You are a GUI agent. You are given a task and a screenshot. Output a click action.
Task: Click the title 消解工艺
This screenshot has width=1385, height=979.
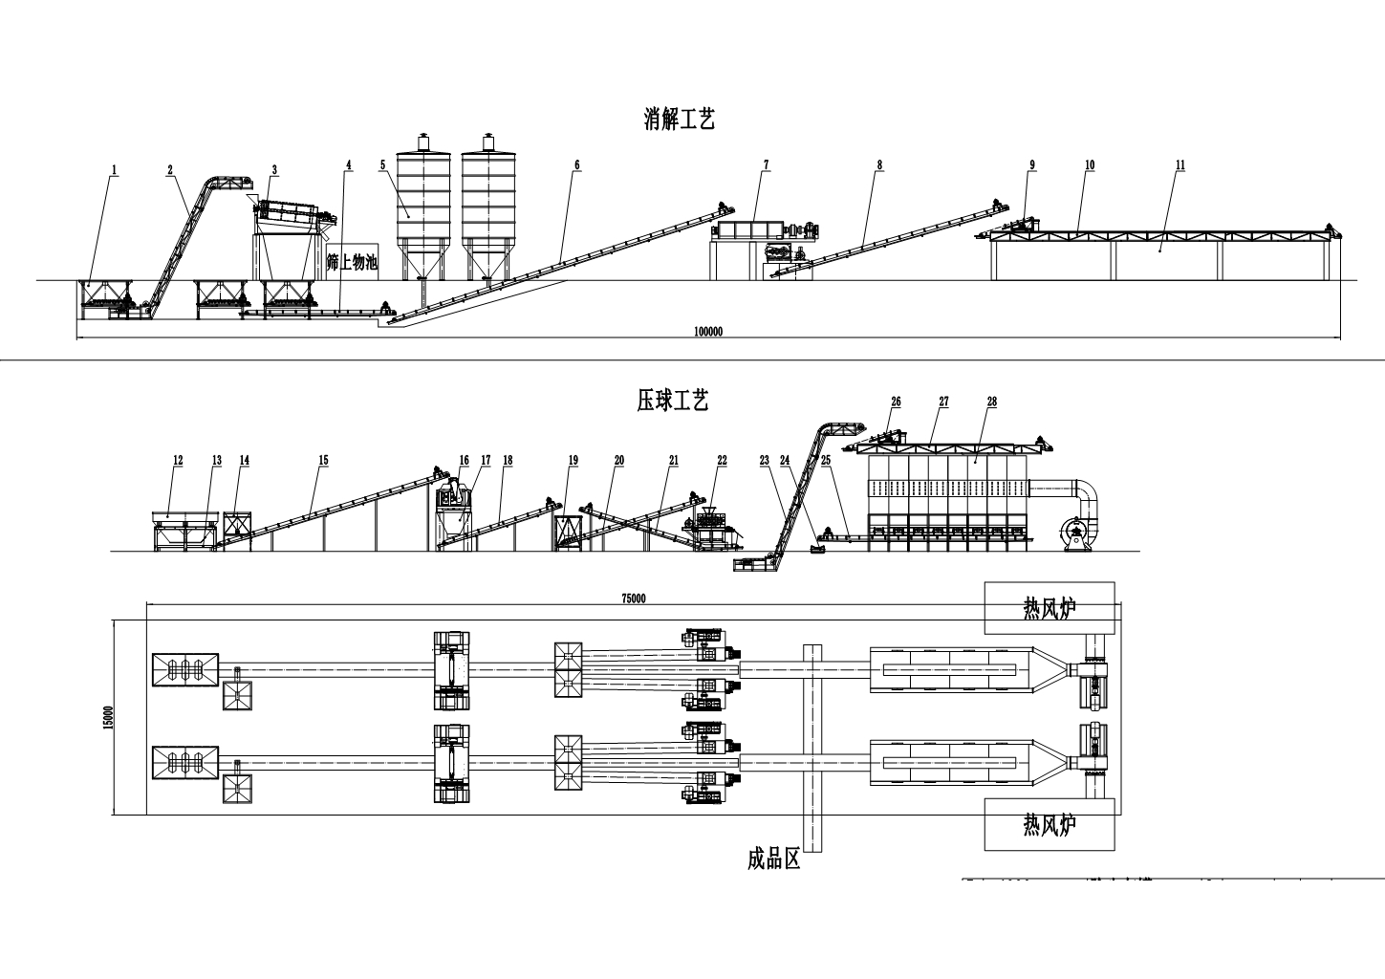point(680,120)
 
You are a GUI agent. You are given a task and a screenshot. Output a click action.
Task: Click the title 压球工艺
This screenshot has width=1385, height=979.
point(673,401)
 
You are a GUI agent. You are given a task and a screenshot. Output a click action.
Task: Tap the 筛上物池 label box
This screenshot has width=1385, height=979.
point(352,261)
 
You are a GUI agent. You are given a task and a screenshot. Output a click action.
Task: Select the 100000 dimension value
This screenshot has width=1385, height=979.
point(707,332)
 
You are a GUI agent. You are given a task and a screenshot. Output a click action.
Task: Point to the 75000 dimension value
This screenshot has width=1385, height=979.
point(634,598)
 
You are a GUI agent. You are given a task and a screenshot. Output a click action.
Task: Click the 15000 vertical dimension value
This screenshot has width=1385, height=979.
point(108,717)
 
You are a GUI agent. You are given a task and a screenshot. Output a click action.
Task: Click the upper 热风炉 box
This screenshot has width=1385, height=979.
point(1050,608)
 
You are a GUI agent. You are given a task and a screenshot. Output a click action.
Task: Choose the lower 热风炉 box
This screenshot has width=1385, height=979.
point(1050,824)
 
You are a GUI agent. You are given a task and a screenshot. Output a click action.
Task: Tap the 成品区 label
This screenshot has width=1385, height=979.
point(773,860)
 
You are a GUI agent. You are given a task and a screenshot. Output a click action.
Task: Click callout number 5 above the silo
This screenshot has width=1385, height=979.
point(382,164)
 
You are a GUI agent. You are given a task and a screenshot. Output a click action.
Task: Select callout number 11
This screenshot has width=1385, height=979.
point(1180,164)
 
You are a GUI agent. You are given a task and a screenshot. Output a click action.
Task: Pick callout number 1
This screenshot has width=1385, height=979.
point(115,170)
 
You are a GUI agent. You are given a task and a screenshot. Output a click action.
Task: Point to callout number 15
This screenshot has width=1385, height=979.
point(323,460)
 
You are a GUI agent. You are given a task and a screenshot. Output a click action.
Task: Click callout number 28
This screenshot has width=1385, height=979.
point(992,402)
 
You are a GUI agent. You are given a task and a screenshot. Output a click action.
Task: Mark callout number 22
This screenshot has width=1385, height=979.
point(722,460)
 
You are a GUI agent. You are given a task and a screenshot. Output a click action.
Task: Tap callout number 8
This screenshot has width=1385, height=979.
point(879,164)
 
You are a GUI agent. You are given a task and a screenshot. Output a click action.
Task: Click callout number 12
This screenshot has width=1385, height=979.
point(178,460)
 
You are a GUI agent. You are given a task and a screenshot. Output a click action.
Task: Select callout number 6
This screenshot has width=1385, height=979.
point(577,164)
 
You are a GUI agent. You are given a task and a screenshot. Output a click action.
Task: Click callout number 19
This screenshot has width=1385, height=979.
point(573,460)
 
